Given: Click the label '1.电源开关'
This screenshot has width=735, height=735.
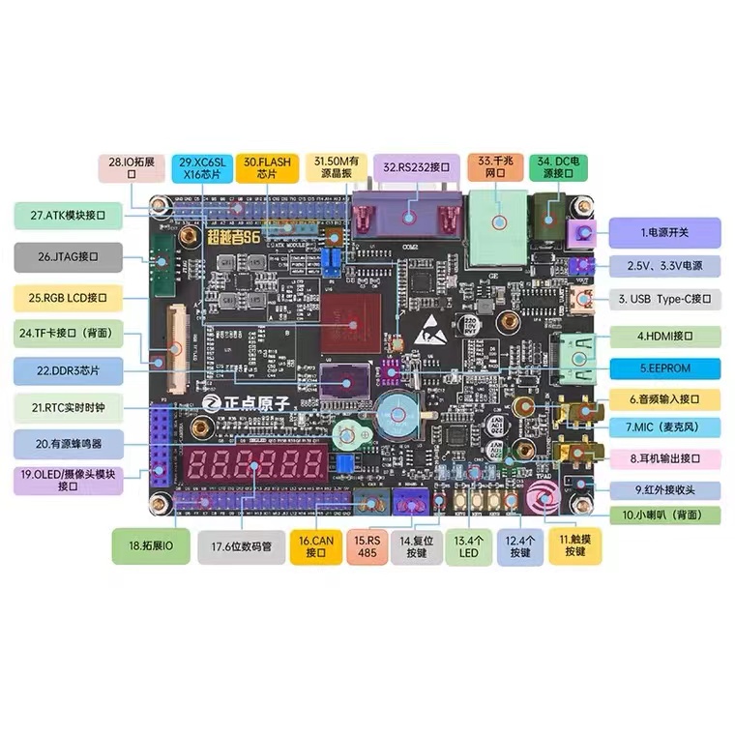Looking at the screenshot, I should [666, 232].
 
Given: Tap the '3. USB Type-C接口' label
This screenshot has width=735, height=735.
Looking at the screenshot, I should [666, 299].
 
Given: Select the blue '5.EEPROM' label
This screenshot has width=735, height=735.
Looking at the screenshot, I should [666, 367].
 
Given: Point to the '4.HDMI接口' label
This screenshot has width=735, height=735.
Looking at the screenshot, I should [666, 337].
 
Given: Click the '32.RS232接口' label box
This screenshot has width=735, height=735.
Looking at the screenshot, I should [416, 168].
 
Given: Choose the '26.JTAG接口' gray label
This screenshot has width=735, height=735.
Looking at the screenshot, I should [69, 257].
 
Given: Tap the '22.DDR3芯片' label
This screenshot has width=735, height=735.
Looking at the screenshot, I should [69, 370].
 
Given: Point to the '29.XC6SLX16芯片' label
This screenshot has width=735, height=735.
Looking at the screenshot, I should [201, 168].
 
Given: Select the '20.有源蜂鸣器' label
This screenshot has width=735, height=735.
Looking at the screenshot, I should [69, 444].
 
